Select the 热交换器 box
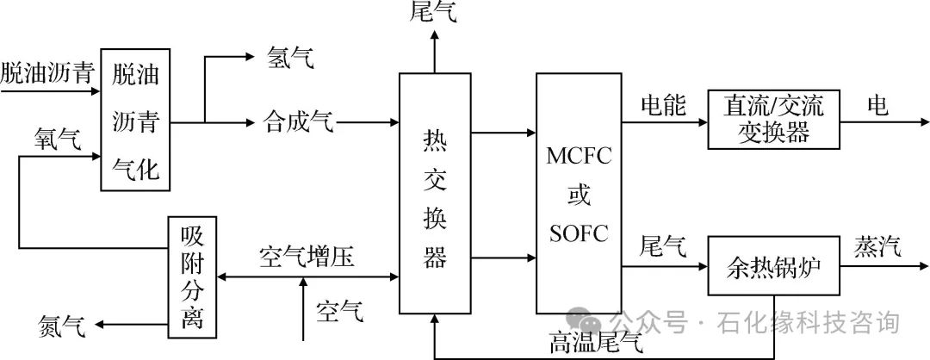[x=434, y=193]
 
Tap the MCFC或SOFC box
[x=578, y=193]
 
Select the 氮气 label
[x=61, y=325]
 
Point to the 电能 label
[x=662, y=105]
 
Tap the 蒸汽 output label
[x=877, y=248]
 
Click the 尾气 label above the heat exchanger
[x=434, y=12]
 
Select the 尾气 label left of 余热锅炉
[x=662, y=248]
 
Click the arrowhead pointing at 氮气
[x=102, y=325]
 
